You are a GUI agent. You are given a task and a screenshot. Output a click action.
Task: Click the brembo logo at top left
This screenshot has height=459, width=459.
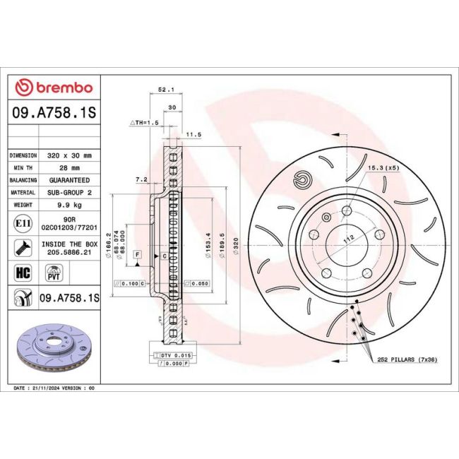point(54,87)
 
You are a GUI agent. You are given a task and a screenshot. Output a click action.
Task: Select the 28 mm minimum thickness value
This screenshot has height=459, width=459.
point(73,167)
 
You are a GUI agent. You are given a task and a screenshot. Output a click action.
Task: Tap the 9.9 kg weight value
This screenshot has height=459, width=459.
point(73,205)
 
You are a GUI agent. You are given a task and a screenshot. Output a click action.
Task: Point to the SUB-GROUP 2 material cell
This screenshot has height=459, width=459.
point(73,192)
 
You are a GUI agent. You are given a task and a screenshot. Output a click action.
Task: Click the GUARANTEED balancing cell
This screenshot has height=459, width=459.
point(73,180)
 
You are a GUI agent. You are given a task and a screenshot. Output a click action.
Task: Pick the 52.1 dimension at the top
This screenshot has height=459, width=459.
point(166,90)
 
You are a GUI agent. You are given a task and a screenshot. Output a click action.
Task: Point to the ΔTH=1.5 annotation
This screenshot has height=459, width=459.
point(143,122)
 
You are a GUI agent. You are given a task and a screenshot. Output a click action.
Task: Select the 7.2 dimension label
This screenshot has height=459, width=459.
point(141,179)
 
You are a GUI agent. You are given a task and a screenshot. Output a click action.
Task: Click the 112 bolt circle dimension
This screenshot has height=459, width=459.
point(346,239)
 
